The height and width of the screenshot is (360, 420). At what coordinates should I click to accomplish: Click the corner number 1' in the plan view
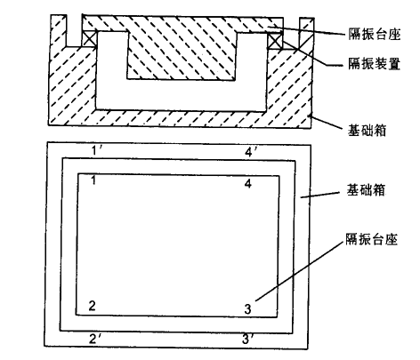(97, 150)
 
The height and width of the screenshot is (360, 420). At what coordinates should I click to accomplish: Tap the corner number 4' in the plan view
(252, 152)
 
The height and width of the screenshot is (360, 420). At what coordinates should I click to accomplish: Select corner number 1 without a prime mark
(93, 180)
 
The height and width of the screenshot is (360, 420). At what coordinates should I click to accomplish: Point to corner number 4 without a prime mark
(248, 184)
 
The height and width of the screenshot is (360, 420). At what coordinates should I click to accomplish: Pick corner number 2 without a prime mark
(93, 306)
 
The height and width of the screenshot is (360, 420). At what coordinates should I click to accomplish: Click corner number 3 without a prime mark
(247, 309)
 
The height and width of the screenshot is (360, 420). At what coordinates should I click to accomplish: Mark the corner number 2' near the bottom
(96, 339)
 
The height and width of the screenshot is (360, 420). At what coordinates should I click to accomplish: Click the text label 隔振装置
(375, 64)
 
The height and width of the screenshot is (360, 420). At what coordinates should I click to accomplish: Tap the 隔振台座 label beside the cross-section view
(375, 34)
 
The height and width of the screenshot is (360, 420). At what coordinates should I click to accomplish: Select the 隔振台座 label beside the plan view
(371, 239)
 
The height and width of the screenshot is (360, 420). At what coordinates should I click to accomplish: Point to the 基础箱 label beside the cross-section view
(367, 130)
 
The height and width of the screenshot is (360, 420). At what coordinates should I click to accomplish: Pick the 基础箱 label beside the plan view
(366, 190)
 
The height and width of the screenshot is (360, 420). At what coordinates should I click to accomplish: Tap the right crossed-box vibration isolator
(275, 41)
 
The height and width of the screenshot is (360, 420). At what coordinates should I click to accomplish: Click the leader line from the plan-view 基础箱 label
(319, 195)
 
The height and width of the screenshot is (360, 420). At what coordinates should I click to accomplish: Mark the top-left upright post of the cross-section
(59, 30)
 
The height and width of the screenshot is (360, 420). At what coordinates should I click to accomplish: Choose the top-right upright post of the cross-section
(306, 33)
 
